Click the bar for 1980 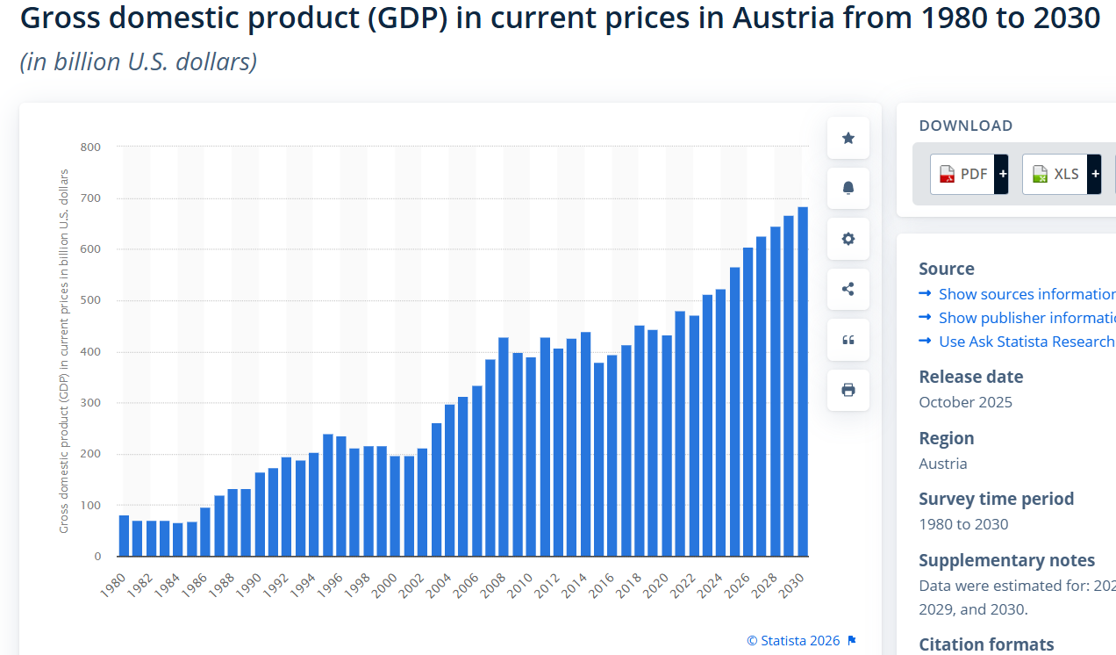[124, 536]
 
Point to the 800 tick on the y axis [90, 147]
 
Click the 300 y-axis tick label [90, 403]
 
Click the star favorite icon [848, 138]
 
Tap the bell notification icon [848, 188]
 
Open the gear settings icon [848, 239]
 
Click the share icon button [848, 289]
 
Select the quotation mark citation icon [848, 340]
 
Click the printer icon [848, 390]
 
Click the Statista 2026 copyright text [793, 641]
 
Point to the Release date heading [970, 377]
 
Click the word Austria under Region [943, 464]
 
